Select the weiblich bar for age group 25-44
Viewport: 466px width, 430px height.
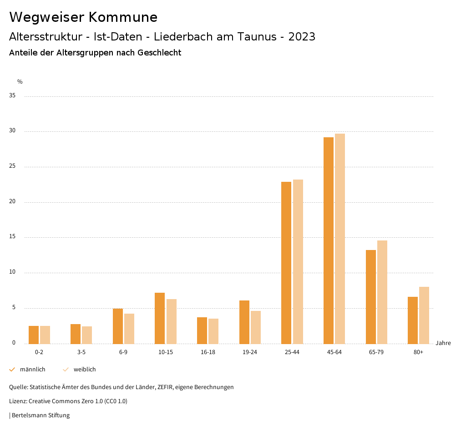pos(298,261)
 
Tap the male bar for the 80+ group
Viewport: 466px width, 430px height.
pos(412,320)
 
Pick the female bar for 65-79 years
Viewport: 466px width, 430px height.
pos(382,292)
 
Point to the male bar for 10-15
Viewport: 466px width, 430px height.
pos(160,318)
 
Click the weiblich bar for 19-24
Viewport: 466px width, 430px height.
pos(256,327)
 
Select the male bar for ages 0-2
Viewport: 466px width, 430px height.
pos(34,335)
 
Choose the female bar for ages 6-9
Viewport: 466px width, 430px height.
pos(129,329)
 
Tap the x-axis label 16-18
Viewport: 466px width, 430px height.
pos(208,352)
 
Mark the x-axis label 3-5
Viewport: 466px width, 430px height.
pos(81,352)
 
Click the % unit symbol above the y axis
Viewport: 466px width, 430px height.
pos(20,82)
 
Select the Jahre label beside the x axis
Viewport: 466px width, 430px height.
pos(443,343)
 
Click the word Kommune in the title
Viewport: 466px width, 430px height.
pos(123,17)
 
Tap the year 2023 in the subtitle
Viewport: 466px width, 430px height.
pos(302,37)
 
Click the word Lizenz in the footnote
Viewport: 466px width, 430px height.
pos(18,401)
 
